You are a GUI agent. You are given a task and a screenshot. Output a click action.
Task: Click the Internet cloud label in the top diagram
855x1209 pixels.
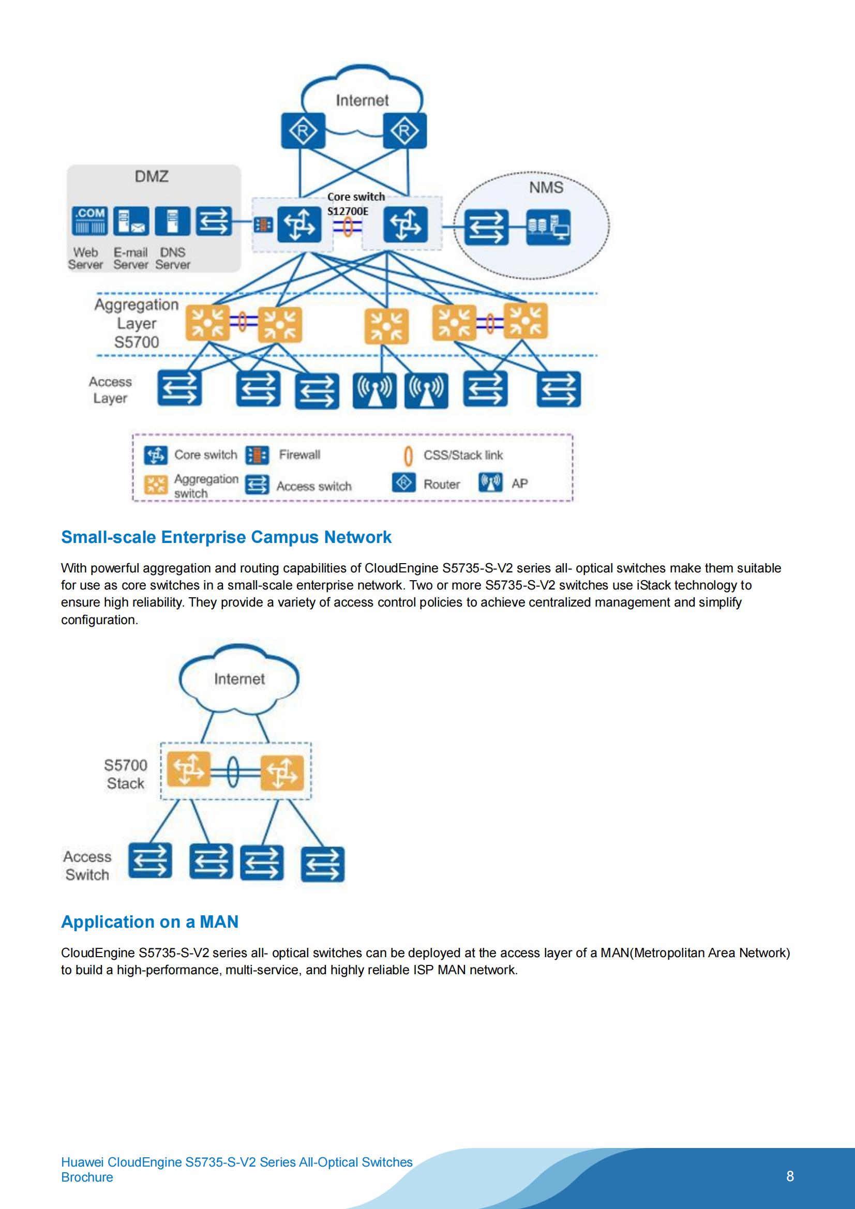click(x=362, y=100)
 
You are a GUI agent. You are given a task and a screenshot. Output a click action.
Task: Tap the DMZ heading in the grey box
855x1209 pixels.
click(x=152, y=176)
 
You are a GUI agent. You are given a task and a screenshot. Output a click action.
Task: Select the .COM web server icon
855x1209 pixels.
click(x=90, y=221)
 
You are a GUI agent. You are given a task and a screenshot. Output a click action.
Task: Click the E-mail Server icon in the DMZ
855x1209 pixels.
click(x=131, y=221)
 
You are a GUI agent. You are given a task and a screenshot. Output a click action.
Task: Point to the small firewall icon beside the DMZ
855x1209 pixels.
click(x=263, y=225)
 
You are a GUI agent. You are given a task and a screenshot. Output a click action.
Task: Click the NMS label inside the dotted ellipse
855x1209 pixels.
click(x=546, y=188)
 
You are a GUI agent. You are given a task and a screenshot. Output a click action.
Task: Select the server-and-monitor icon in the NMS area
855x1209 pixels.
click(x=548, y=227)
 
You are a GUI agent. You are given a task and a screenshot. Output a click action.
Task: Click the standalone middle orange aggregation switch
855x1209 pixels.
click(x=387, y=326)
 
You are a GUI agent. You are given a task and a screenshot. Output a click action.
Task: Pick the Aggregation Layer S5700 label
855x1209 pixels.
click(x=137, y=323)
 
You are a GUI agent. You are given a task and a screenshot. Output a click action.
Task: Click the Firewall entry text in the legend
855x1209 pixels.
click(x=299, y=455)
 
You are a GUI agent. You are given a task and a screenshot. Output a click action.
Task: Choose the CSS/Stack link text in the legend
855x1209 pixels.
click(x=463, y=455)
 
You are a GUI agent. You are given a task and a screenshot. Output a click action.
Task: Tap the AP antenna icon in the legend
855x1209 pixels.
click(x=490, y=482)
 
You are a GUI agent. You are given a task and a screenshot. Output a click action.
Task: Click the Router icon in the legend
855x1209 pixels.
click(x=403, y=482)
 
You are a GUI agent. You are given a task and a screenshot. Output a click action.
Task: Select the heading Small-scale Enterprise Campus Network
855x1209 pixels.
click(x=226, y=537)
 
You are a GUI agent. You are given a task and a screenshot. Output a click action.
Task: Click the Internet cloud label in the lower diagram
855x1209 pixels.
click(x=239, y=679)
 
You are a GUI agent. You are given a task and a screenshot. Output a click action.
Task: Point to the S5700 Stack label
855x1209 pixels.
click(x=125, y=774)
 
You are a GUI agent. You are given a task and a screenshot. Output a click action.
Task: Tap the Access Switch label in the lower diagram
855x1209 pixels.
click(x=87, y=866)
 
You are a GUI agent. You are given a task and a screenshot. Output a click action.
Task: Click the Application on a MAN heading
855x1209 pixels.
click(x=150, y=921)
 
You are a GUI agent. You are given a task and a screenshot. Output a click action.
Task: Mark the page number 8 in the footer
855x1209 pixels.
click(x=790, y=1176)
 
